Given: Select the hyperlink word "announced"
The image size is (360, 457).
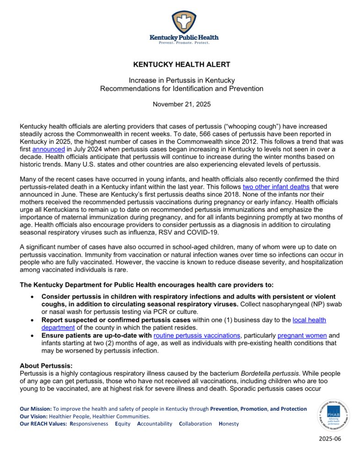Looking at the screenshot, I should click(x=48, y=149).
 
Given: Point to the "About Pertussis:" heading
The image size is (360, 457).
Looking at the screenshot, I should click(x=46, y=366).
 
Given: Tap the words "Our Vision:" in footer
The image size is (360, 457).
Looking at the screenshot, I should click(x=34, y=416).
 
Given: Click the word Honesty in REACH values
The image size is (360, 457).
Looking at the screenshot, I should click(x=229, y=424).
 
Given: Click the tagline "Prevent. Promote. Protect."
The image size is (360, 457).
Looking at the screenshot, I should click(x=184, y=43).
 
